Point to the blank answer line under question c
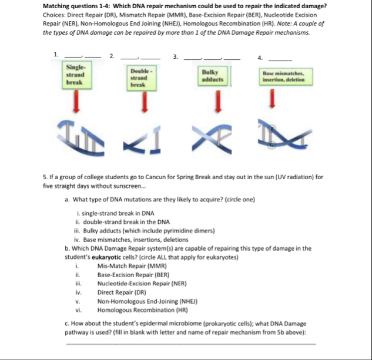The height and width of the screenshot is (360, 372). click(191, 343)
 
